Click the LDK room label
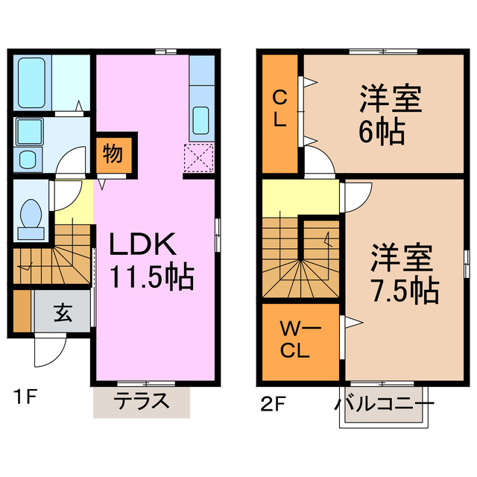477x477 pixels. [143, 245]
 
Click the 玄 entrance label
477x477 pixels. [62, 313]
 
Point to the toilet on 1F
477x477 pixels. [32, 213]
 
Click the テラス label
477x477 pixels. [141, 402]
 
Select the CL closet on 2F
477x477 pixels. [279, 110]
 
